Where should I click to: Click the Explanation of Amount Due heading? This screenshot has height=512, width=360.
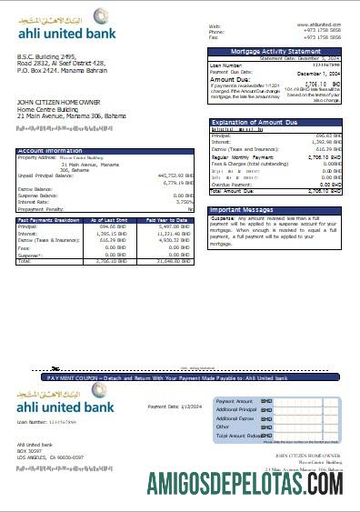(x=254, y=122)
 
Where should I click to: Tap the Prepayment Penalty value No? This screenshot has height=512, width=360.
(x=190, y=210)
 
